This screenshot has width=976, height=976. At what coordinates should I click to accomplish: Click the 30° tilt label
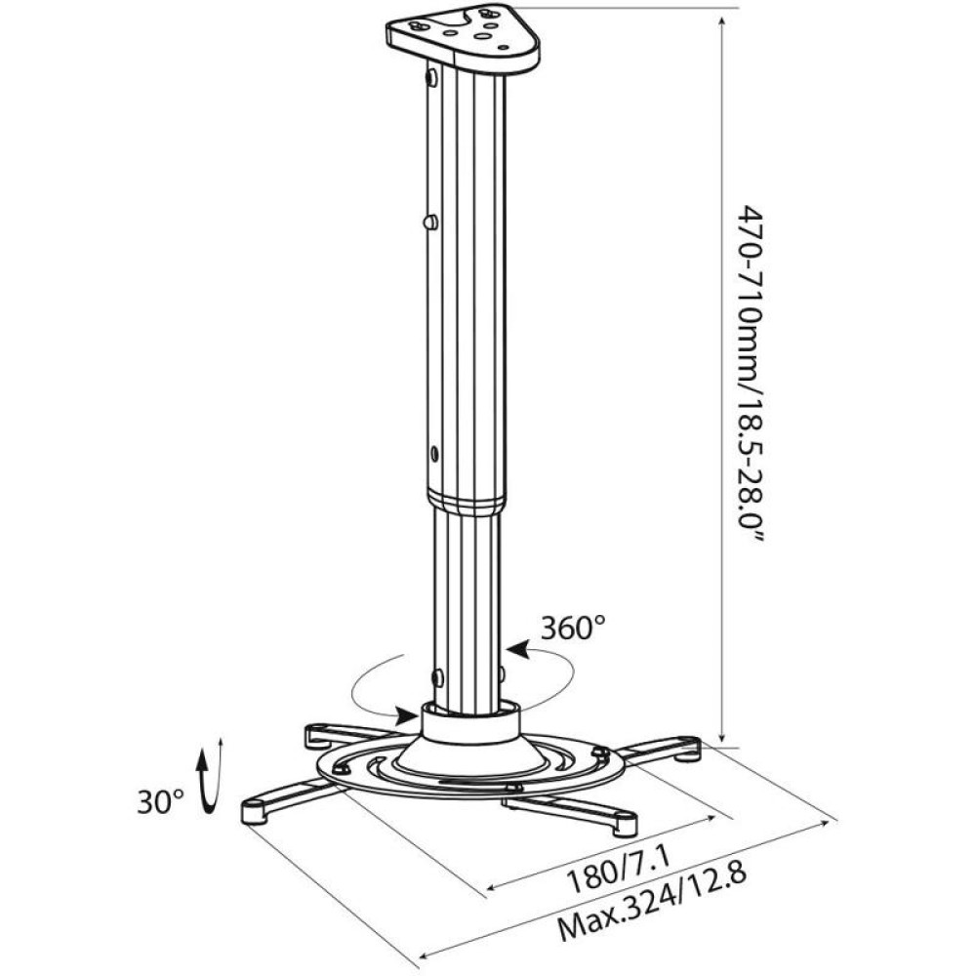(x=161, y=802)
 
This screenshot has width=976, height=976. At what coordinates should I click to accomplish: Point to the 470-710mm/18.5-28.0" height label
(x=751, y=376)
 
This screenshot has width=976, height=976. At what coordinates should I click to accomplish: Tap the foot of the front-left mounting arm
(x=255, y=812)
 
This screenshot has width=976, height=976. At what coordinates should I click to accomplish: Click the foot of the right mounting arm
(x=687, y=749)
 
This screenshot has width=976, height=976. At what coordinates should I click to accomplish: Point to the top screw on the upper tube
(x=430, y=76)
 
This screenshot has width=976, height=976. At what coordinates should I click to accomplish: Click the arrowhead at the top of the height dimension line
(x=721, y=21)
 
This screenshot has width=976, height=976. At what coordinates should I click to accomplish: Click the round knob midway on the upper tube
(x=429, y=223)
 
